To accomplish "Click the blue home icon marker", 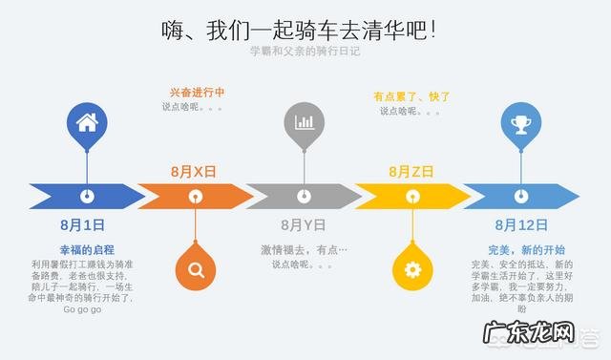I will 87,122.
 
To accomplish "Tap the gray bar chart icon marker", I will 305,122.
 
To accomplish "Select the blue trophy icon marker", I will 521,122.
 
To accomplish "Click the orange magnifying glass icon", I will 196,268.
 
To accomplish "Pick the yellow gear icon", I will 412,268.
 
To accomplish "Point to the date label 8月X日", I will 194,171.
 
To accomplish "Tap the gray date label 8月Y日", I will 304,225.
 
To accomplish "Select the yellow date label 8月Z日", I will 411,171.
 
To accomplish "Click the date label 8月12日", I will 520,225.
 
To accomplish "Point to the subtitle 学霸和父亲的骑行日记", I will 305,52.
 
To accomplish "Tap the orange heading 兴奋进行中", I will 197,94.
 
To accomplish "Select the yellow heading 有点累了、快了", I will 411,95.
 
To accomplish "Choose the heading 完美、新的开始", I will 520,249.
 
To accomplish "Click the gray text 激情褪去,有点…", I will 305,249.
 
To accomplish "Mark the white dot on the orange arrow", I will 196,196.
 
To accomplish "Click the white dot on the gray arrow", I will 305,196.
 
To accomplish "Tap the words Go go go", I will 82,309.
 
